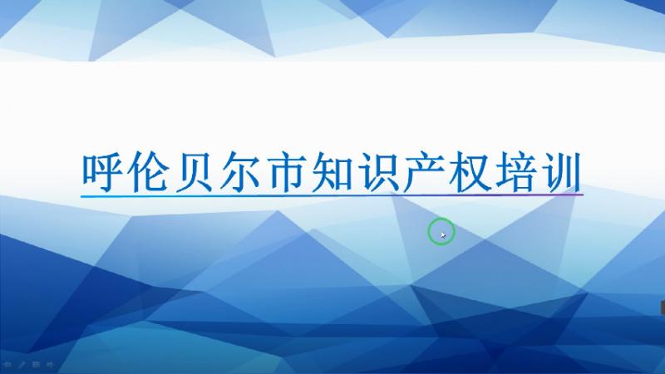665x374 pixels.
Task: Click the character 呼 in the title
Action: point(102,172)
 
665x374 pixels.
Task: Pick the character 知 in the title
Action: point(331,172)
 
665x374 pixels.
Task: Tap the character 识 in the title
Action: point(377,172)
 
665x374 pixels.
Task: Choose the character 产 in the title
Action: point(424,172)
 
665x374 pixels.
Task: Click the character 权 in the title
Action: point(470,172)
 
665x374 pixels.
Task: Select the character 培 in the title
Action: point(515,172)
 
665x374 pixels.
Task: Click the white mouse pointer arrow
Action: point(443,235)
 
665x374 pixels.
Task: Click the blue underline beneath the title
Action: point(332,195)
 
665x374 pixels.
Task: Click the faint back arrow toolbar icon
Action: point(7,364)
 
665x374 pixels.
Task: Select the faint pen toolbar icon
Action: point(22,364)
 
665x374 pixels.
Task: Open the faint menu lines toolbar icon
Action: point(36,364)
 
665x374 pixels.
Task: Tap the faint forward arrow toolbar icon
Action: point(50,364)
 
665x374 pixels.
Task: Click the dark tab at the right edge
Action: point(663,308)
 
